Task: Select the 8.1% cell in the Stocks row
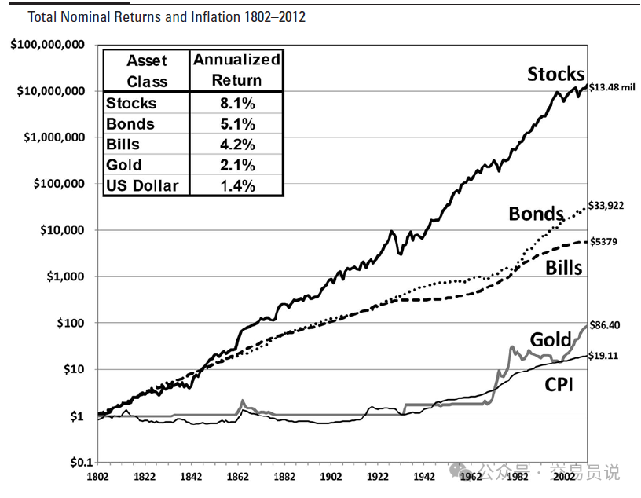tap(236, 103)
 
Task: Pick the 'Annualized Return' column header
tap(236, 70)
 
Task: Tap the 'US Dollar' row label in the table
tap(142, 185)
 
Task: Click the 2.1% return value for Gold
tap(236, 165)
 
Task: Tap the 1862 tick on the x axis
tap(238, 476)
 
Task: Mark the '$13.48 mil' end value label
tap(611, 88)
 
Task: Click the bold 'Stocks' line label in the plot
tap(555, 75)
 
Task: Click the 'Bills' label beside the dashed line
tap(563, 268)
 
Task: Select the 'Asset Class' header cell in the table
tap(147, 70)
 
